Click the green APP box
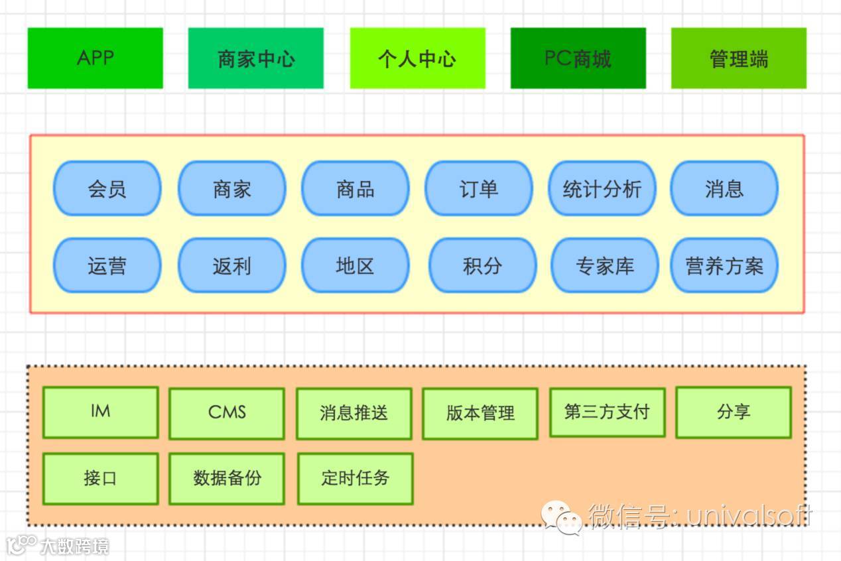tap(95, 58)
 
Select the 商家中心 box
tap(256, 58)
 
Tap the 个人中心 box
tap(417, 58)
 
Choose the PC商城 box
tap(578, 58)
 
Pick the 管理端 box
tap(739, 58)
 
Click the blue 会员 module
tap(107, 189)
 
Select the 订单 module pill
tap(478, 189)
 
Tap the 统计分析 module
tap(602, 189)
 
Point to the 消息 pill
tap(724, 189)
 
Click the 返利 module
tap(231, 266)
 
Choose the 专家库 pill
tap(604, 266)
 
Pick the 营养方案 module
tap(724, 266)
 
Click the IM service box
tap(100, 412)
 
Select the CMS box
tap(227, 413)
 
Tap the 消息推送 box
tap(354, 413)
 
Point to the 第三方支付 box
tap(607, 412)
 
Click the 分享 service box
tap(734, 412)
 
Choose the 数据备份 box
tap(227, 478)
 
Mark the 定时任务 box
tap(355, 478)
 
